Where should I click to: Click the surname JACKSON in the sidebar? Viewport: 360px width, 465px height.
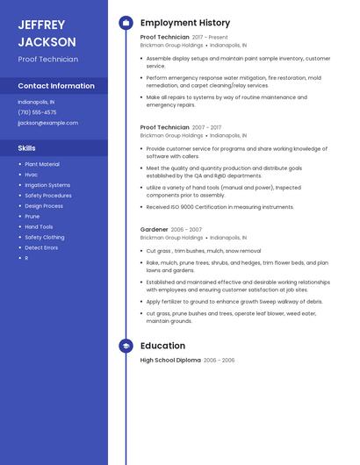point(47,41)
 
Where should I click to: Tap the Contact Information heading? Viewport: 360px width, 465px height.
point(56,86)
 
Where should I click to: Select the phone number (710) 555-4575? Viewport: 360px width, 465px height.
point(37,112)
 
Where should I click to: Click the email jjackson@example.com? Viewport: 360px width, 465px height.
point(47,123)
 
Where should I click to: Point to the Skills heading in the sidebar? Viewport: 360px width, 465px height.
point(27,148)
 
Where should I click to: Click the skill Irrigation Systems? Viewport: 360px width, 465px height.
point(47,185)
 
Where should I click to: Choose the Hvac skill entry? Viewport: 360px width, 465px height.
point(32,175)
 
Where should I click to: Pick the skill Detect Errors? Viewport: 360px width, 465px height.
point(41,247)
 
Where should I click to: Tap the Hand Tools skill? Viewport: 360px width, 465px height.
point(39,226)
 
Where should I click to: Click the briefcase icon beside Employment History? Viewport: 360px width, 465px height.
point(126,23)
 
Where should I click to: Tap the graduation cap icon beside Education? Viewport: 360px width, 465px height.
point(126,346)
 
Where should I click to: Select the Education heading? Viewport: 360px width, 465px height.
point(162,346)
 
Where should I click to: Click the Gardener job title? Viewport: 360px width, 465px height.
point(155,229)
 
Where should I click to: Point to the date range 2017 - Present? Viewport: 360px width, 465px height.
point(210,38)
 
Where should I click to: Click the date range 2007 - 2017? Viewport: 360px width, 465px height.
point(206,127)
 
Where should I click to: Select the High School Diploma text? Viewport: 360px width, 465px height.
point(170,361)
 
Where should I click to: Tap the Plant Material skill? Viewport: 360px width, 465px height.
point(42,164)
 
